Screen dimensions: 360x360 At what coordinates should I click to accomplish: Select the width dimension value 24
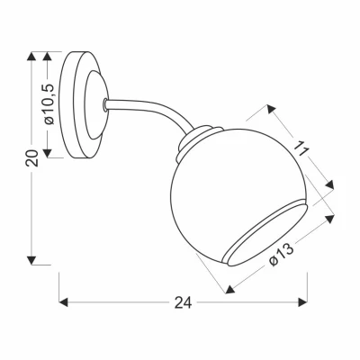pyautogui.click(x=183, y=303)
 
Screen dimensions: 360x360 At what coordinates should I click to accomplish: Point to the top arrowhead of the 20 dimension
pyautogui.click(x=34, y=57)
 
